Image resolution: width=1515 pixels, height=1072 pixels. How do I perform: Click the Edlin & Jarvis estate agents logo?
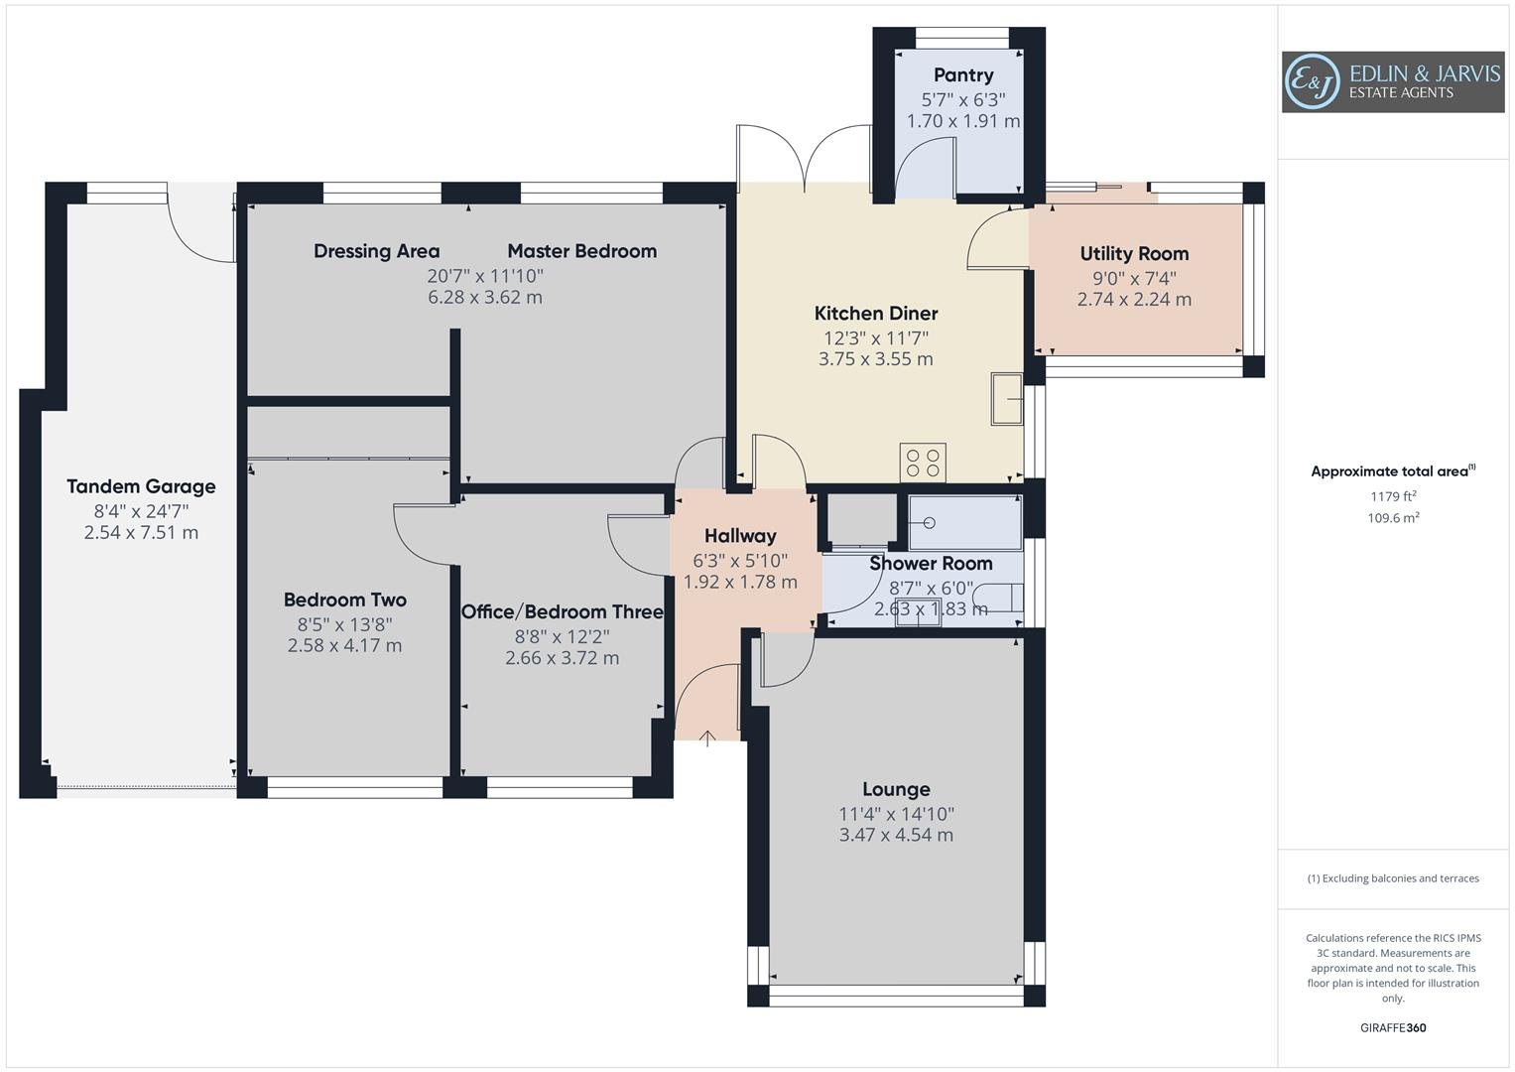[1392, 82]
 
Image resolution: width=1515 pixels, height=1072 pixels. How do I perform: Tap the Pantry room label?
[962, 75]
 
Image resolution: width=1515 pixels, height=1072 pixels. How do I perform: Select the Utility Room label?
[1134, 254]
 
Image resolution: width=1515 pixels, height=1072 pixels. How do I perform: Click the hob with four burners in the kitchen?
[923, 463]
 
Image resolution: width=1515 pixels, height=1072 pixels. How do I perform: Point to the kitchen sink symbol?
[1007, 400]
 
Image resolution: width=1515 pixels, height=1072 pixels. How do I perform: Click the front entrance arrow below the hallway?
[707, 737]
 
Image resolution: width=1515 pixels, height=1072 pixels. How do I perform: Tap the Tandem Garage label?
[141, 486]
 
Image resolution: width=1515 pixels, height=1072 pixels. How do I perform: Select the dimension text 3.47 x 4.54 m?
[896, 835]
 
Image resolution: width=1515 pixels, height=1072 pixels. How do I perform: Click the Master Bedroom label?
[581, 251]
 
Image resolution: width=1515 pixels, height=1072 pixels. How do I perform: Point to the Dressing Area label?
[376, 251]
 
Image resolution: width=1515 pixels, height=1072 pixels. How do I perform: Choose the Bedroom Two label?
[344, 600]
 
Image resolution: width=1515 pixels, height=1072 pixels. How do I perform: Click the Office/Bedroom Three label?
[562, 611]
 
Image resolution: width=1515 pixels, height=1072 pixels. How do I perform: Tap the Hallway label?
[740, 536]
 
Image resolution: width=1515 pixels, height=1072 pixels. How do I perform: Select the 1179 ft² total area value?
[1393, 496]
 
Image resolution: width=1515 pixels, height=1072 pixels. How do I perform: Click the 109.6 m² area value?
[1393, 517]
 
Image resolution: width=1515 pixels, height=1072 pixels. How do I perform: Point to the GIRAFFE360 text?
[1393, 1027]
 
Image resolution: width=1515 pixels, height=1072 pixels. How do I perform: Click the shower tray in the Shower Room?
[965, 523]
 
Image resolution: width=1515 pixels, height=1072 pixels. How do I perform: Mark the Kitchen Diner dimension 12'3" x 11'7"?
[875, 337]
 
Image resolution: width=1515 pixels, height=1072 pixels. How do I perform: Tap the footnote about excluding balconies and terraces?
[1393, 878]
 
